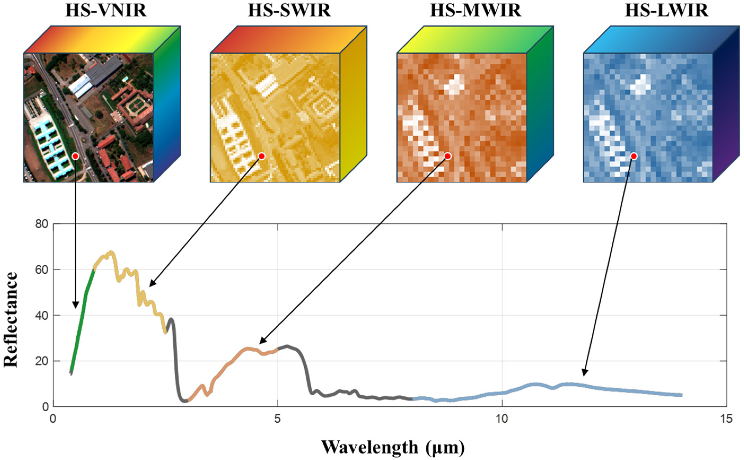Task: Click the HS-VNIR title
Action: tap(106, 11)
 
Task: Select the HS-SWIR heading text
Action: tap(289, 11)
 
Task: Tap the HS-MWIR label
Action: tap(476, 11)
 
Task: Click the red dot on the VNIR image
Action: tap(75, 156)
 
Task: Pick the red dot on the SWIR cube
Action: tap(262, 156)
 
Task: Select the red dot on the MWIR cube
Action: tap(447, 156)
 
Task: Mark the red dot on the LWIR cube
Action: tap(634, 156)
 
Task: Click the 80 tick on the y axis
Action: tap(42, 224)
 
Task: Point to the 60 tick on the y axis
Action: tap(42, 270)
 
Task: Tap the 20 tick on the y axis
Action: tap(42, 361)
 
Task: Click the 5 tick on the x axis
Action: tap(277, 419)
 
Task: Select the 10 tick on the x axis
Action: tap(502, 419)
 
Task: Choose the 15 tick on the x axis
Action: tap(726, 419)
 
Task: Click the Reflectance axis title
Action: tap(11, 319)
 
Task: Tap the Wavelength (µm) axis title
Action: tap(393, 447)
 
